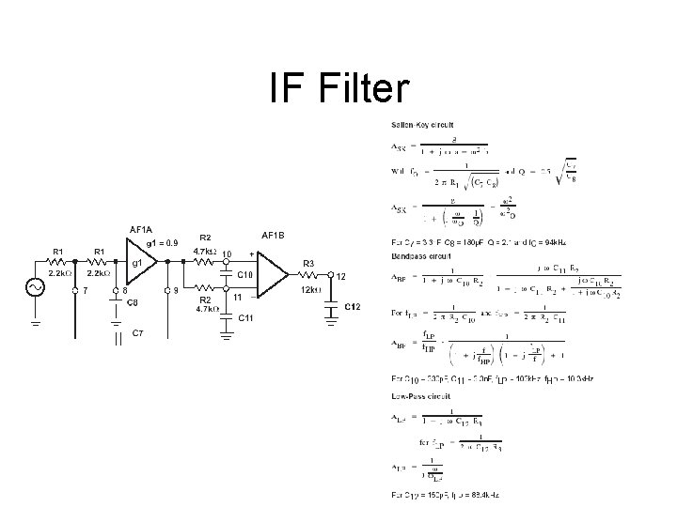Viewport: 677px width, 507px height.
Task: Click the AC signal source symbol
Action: tap(39, 288)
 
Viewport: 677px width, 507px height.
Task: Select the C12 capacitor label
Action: tap(354, 307)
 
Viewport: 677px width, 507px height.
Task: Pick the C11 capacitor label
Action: tap(244, 318)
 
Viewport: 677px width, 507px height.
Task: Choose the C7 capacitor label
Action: tap(137, 332)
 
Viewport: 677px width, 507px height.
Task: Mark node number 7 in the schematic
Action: tap(86, 290)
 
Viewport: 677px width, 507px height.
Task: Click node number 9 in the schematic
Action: tap(176, 290)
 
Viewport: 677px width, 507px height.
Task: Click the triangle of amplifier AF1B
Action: tap(274, 276)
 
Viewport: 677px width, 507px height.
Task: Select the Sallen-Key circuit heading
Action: tap(423, 124)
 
